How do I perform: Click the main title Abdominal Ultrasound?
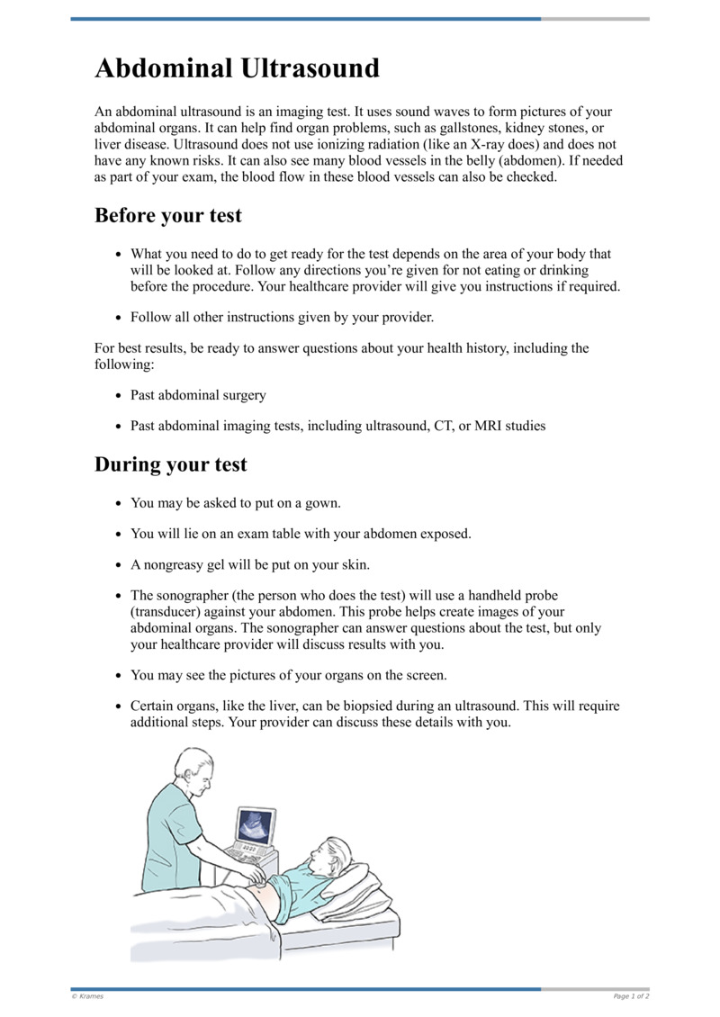pyautogui.click(x=238, y=68)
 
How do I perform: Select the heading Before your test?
pyautogui.click(x=168, y=216)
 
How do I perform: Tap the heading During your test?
pyautogui.click(x=171, y=465)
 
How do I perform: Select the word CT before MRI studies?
pyautogui.click(x=436, y=426)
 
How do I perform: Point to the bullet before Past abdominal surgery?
pyautogui.click(x=120, y=396)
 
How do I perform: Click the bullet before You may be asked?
pyautogui.click(x=120, y=504)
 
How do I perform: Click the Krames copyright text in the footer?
pyautogui.click(x=86, y=996)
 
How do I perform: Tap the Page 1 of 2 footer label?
pyautogui.click(x=631, y=996)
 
